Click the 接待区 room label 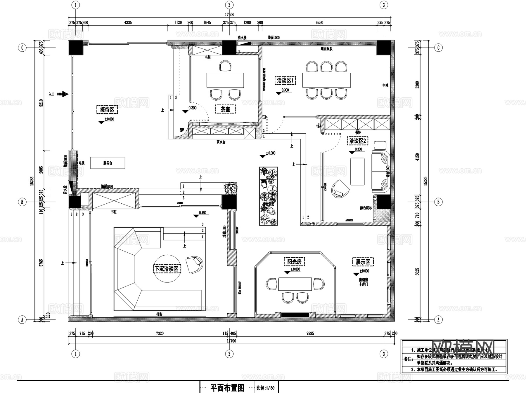(107, 110)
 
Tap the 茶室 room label (225, 109)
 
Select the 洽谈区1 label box (286, 80)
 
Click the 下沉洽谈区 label (167, 269)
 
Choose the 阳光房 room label (294, 262)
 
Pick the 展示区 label (363, 262)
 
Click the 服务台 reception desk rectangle (108, 163)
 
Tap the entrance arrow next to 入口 (63, 94)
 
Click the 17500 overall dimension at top (229, 15)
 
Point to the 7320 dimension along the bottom (160, 333)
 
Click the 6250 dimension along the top (319, 22)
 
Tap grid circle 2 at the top (229, 5)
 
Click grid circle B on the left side (22, 202)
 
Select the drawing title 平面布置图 (227, 388)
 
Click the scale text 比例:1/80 (265, 388)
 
